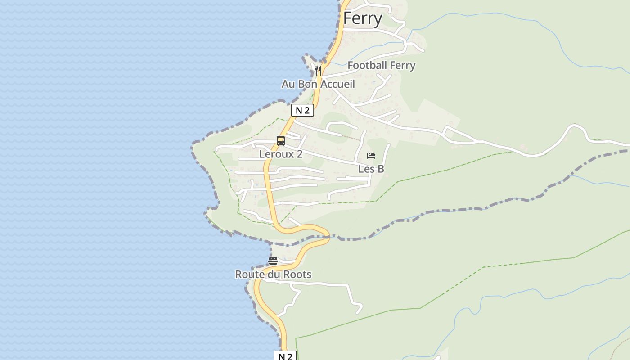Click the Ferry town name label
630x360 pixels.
[363, 18]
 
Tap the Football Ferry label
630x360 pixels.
[381, 65]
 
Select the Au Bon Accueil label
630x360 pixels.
[318, 84]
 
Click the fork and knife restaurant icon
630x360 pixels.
[318, 70]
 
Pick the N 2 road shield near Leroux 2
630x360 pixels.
[302, 110]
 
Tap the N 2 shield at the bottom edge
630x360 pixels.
[285, 356]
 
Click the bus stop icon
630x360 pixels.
[281, 141]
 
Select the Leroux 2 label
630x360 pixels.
[281, 154]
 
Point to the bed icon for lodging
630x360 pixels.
[371, 156]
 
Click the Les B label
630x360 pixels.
[371, 169]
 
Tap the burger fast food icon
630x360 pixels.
[273, 261]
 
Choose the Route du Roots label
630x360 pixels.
[273, 274]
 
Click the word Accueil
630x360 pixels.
[337, 84]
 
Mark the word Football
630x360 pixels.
[367, 65]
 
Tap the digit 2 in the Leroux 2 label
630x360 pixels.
[299, 154]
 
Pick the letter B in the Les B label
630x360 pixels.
[381, 169]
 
